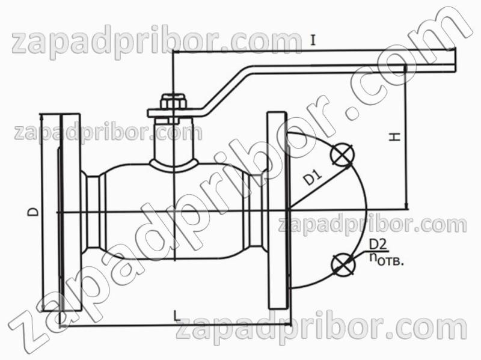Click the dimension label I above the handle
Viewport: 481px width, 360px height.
(313, 40)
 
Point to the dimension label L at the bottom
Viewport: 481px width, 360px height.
(177, 316)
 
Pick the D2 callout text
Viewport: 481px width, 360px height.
(378, 245)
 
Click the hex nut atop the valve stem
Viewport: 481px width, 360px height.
(173, 102)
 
